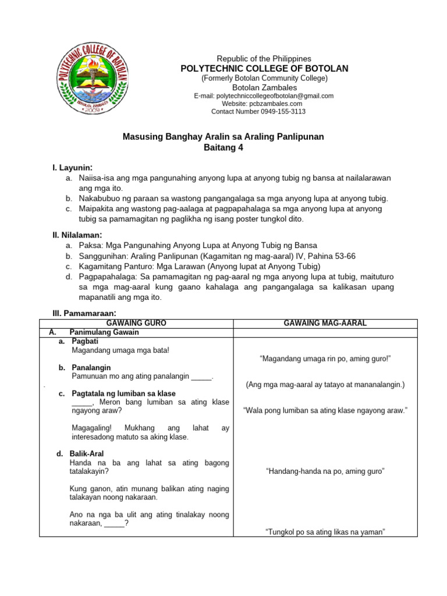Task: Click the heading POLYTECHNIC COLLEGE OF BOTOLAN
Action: [264, 69]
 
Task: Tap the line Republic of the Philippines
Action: [264, 59]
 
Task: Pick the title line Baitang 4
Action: [223, 148]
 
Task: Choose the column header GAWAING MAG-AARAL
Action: [325, 323]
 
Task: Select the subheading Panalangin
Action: [91, 368]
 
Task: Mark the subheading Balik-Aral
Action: [90, 453]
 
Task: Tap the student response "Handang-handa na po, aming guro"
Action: [325, 471]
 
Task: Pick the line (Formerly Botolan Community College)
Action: [264, 78]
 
